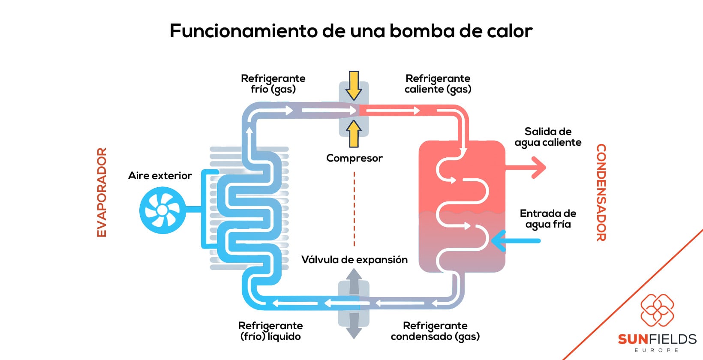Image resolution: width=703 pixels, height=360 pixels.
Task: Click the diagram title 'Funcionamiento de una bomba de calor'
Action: (x=351, y=31)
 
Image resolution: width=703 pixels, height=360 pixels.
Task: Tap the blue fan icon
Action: (x=162, y=210)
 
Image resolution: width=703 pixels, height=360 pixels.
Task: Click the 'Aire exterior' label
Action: (x=160, y=176)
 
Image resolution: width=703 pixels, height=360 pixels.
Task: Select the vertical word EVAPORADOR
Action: (x=102, y=192)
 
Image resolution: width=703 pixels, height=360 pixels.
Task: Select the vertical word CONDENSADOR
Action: (x=601, y=192)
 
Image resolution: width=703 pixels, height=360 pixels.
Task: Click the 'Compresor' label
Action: (x=354, y=158)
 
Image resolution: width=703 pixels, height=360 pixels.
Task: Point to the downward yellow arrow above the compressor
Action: (x=354, y=86)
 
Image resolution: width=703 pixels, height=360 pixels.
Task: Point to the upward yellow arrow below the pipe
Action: (x=354, y=133)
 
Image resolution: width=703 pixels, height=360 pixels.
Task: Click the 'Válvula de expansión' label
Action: (x=354, y=260)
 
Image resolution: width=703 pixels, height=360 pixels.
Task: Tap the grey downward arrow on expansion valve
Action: (x=354, y=327)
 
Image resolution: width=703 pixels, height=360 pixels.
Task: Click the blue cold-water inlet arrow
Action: (x=514, y=240)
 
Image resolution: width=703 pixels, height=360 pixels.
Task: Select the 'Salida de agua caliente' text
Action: (x=548, y=137)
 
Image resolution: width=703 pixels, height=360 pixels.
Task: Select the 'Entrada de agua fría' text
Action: (x=548, y=219)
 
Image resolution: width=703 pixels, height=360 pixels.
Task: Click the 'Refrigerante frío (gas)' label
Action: (x=273, y=84)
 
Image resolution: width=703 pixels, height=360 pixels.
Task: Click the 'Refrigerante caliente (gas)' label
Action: (x=438, y=84)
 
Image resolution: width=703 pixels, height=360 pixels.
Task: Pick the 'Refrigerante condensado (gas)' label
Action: (x=435, y=331)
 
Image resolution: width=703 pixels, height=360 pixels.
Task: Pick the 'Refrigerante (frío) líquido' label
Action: (x=270, y=331)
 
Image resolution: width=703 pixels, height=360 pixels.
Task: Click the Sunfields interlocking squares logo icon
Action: (x=657, y=310)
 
